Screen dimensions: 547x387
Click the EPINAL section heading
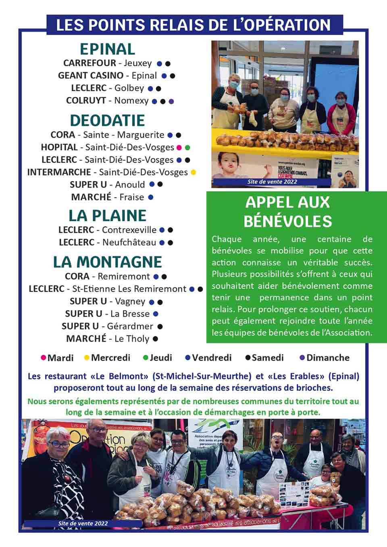tap(107, 49)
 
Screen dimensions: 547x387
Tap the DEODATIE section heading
tap(107, 121)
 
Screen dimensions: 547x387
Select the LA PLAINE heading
tap(107, 216)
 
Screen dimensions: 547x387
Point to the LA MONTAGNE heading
tap(107, 262)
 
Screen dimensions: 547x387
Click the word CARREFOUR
tap(89, 63)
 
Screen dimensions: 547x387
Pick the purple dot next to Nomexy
tap(171, 101)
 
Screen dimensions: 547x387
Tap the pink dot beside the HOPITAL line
tap(179, 148)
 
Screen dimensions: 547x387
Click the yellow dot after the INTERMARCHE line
tap(193, 173)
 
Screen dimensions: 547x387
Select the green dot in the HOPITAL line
tap(187, 148)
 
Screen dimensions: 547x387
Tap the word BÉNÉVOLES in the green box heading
tap(288, 221)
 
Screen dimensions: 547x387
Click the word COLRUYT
tap(86, 101)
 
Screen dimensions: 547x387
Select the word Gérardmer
tap(130, 326)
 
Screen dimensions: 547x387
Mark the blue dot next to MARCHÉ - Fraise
tap(151, 198)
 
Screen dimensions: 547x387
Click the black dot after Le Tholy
tap(156, 339)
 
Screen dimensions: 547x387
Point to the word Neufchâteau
tap(129, 243)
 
